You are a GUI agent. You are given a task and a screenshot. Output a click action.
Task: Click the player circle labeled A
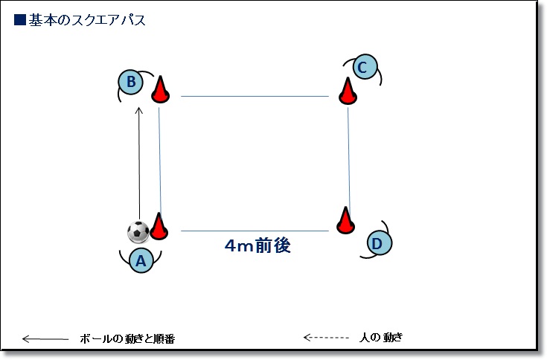pos(141,260)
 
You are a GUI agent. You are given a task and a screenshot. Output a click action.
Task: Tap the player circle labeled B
pos(131,83)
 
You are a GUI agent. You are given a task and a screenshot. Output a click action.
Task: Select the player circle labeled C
pos(365,67)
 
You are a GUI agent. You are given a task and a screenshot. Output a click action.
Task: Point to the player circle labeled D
pos(380,243)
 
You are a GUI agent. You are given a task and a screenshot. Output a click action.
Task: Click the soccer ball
pos(138,232)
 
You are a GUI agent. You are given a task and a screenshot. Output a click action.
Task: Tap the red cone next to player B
pos(161,89)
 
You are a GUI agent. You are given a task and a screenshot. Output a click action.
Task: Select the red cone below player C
pos(348,91)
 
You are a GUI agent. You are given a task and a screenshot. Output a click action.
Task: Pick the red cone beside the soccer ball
pos(159,226)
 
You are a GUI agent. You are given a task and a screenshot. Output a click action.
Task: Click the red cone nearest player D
pos(346,220)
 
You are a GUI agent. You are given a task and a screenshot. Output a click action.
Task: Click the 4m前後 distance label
pos(257,245)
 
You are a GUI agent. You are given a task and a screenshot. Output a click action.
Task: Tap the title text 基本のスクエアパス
pos(87,20)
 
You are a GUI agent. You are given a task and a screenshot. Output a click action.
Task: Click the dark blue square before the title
pos(20,20)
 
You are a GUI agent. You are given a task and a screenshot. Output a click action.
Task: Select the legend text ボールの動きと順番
pos(127,338)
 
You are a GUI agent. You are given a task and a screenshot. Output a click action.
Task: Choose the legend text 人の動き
pos(381,338)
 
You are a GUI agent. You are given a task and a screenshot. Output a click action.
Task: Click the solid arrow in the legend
pos(45,338)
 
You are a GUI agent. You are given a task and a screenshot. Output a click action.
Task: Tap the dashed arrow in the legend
pos(326,338)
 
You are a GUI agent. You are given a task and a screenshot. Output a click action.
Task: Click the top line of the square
pos(255,96)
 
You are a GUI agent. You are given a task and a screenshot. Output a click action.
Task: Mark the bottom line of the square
pos(255,231)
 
